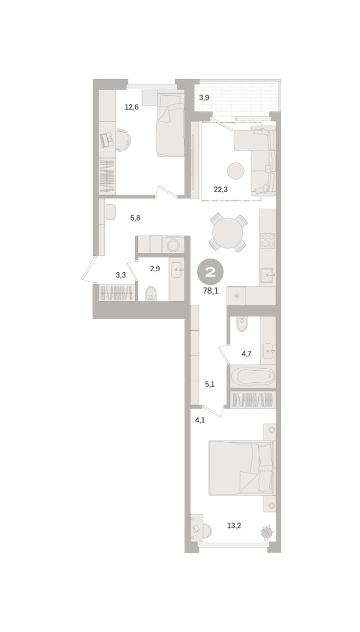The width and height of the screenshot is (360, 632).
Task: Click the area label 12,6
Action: [x=132, y=107]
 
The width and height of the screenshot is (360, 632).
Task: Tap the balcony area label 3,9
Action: [x=204, y=98]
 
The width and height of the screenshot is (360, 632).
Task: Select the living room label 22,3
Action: [x=221, y=190]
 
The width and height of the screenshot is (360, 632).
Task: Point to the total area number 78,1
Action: [x=211, y=291]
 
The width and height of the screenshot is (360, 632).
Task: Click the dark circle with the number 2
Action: [x=211, y=272]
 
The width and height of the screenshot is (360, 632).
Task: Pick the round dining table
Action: [x=227, y=233]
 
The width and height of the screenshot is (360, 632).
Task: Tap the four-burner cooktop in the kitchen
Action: [x=267, y=240]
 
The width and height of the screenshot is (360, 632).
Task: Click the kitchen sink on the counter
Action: [x=267, y=275]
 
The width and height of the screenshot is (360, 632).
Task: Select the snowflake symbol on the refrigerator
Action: [x=236, y=296]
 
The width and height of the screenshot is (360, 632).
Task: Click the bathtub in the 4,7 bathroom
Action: [x=253, y=376]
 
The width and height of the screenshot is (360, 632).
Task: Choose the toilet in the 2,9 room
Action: [x=151, y=294]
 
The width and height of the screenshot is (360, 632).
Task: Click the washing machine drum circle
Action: [x=173, y=245]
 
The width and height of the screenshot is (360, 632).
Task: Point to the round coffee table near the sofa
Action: [x=236, y=171]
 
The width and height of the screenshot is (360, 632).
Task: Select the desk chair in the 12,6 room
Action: [x=124, y=140]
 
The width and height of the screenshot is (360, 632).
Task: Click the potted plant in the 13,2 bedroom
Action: [x=267, y=531]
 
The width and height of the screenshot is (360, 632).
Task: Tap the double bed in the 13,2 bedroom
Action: [x=241, y=467]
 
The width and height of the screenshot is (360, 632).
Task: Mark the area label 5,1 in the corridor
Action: [x=209, y=384]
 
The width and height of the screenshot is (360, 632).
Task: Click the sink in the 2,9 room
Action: [x=177, y=270]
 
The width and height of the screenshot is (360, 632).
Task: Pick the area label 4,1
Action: [x=200, y=420]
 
